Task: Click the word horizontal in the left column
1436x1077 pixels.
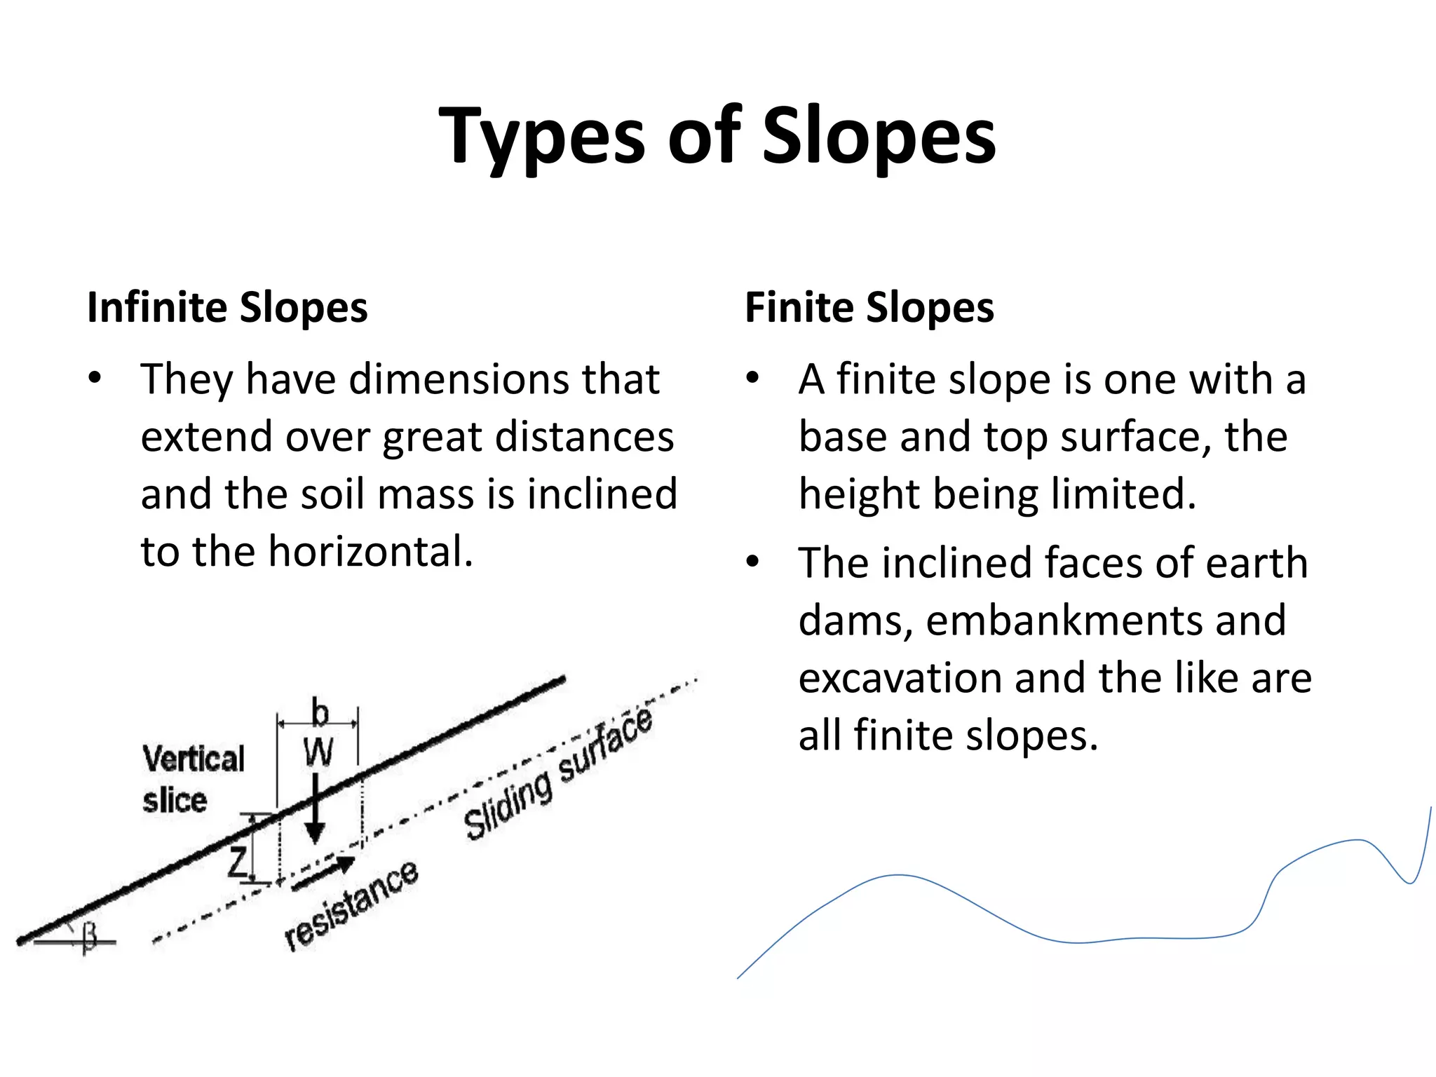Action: [370, 551]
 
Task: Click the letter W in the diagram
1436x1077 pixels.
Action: [318, 753]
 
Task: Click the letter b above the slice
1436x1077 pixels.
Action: [320, 713]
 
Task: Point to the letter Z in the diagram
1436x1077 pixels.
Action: [238, 862]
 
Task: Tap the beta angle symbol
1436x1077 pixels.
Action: [89, 937]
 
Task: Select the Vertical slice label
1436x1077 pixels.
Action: [194, 779]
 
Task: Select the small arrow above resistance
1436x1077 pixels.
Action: [323, 874]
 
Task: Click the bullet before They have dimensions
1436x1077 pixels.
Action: [95, 379]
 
